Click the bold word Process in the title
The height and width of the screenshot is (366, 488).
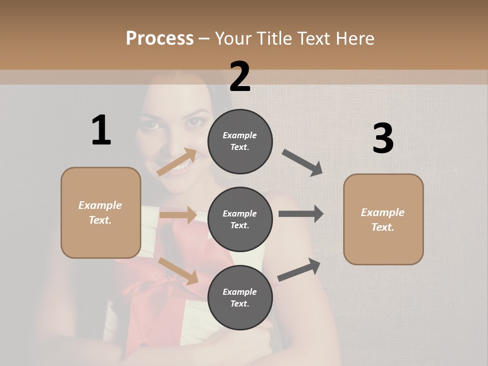click(x=160, y=38)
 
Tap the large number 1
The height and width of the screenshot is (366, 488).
click(x=101, y=130)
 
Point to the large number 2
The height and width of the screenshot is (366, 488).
click(x=240, y=76)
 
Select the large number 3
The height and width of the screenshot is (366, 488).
click(x=383, y=138)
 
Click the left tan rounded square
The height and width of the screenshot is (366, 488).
click(x=101, y=212)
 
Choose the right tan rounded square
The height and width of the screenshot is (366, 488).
click(x=383, y=219)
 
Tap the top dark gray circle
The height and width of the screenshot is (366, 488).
click(x=240, y=141)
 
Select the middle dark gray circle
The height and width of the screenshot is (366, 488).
click(x=240, y=219)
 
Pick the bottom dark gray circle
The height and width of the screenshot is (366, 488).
click(x=240, y=297)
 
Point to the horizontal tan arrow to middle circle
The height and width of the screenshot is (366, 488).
click(x=178, y=215)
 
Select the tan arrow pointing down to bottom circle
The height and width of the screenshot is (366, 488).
click(x=178, y=270)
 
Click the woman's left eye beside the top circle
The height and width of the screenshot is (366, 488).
click(x=194, y=122)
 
